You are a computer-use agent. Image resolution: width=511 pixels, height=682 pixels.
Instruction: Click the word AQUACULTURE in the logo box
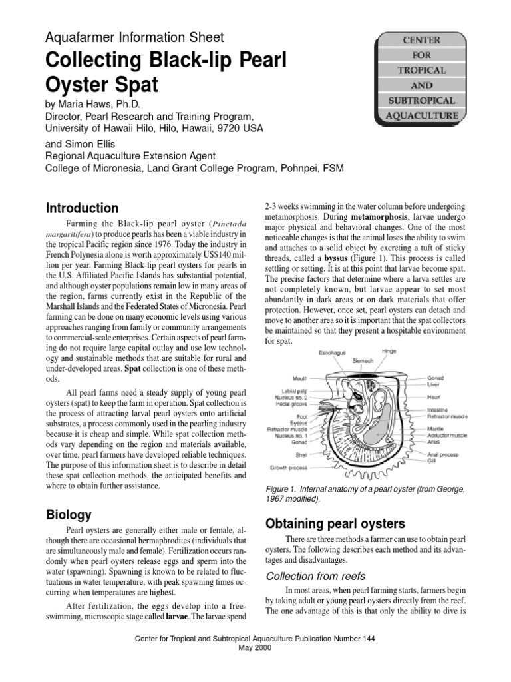(x=423, y=115)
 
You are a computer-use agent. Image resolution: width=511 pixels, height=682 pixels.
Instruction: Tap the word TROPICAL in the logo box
(x=423, y=69)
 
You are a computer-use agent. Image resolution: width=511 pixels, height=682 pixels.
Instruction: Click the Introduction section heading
(x=82, y=208)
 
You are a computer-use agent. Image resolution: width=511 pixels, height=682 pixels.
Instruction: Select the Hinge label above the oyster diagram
(x=390, y=350)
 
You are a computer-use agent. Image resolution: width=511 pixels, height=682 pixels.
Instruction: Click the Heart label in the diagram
(x=436, y=396)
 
